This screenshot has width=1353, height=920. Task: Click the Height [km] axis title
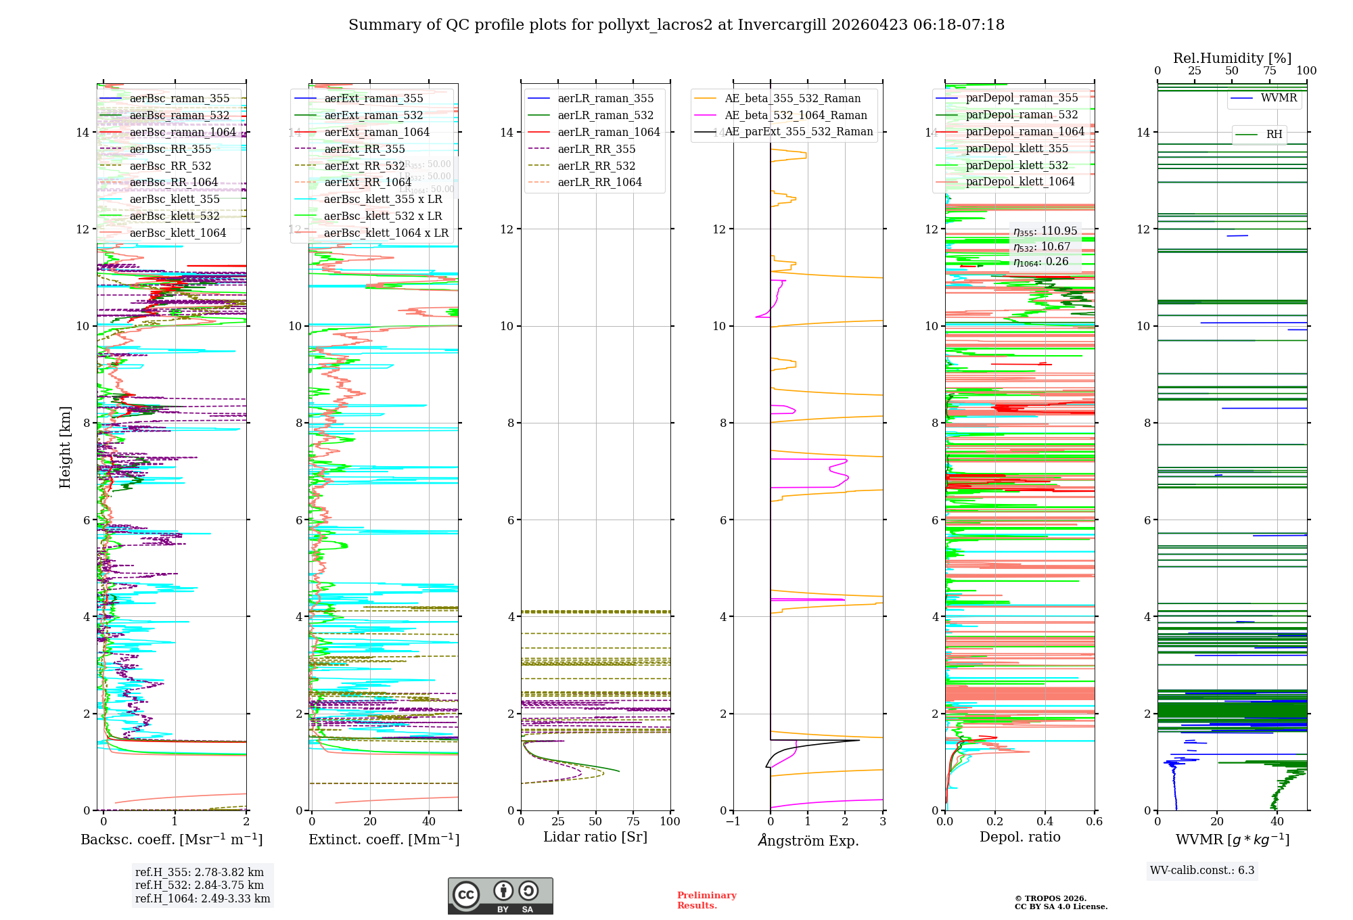(x=65, y=446)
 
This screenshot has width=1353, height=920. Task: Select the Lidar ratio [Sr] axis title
(x=595, y=837)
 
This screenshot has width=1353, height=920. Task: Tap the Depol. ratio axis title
(x=1020, y=837)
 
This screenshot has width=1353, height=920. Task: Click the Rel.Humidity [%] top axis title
(x=1232, y=58)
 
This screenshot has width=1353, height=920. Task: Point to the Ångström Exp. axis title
(x=808, y=841)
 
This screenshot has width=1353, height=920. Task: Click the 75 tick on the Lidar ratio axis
(x=633, y=822)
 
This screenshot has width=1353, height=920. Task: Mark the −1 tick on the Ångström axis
(x=733, y=822)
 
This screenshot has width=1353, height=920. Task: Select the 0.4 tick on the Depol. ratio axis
(x=1045, y=822)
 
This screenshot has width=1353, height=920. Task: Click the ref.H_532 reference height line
(x=200, y=885)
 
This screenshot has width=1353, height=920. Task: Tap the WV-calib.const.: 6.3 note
(x=1202, y=871)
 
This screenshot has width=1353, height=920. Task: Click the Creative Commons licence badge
(x=500, y=896)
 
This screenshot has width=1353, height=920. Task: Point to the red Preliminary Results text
(x=706, y=900)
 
